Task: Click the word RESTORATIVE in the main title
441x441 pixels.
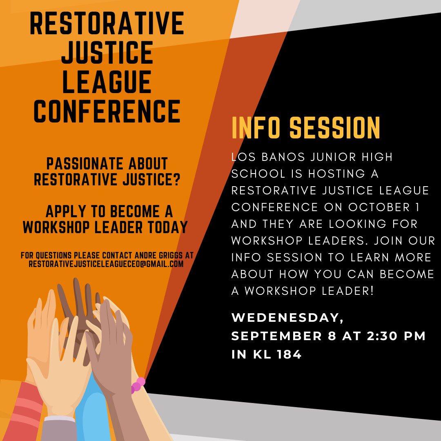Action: point(107,24)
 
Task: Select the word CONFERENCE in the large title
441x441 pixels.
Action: point(107,111)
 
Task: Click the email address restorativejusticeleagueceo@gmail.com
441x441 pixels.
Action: point(106,264)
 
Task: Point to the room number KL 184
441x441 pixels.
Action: point(277,354)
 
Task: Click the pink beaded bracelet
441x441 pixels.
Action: point(137,385)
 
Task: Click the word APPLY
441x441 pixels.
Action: point(65,212)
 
